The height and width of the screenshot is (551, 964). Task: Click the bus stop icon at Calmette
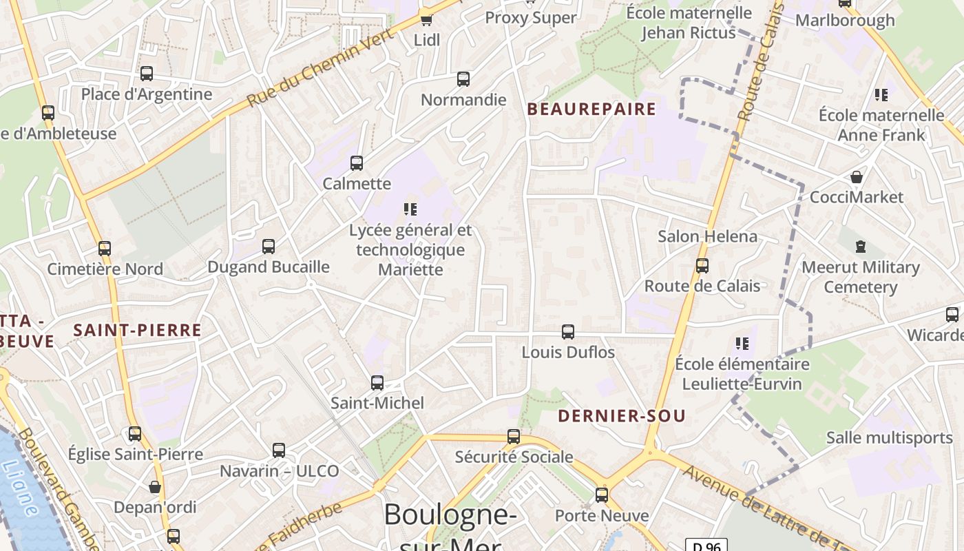click(x=356, y=163)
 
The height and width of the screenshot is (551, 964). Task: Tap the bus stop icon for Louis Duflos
click(x=568, y=332)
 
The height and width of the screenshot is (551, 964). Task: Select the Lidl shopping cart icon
click(x=426, y=20)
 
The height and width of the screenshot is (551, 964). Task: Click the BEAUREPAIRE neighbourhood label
click(x=591, y=109)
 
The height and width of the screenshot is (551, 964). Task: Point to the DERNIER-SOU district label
click(x=621, y=415)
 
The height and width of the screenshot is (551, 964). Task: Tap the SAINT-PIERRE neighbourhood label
click(x=138, y=330)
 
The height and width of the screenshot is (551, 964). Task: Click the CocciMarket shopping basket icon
click(x=857, y=177)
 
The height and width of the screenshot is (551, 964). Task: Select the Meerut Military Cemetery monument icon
click(x=860, y=246)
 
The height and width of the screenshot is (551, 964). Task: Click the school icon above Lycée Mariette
click(x=411, y=209)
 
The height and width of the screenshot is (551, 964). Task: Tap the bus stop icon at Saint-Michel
click(x=377, y=383)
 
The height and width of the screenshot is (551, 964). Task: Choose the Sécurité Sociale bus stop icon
click(x=514, y=437)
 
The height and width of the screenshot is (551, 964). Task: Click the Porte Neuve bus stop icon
click(x=602, y=495)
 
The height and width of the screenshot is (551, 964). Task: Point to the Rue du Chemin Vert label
click(x=321, y=67)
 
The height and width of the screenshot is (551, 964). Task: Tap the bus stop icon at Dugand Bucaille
click(x=269, y=246)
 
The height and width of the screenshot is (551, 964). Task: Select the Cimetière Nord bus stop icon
click(x=105, y=249)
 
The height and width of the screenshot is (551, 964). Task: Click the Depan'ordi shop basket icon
click(x=155, y=488)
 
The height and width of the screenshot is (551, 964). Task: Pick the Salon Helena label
click(x=707, y=236)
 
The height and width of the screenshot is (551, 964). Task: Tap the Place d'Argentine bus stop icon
click(x=147, y=74)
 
